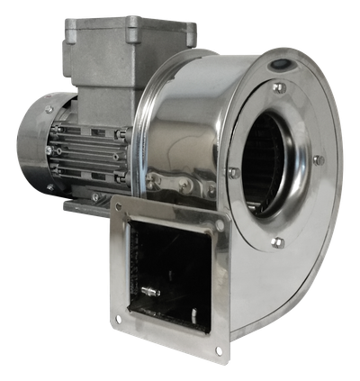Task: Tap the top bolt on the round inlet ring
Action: tap(278, 87)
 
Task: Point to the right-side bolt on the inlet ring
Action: tap(317, 160)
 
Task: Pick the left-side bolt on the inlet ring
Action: tap(233, 171)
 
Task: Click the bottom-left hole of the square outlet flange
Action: tap(118, 319)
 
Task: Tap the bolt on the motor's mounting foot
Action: tap(94, 197)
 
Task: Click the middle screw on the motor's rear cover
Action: tap(45, 149)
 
